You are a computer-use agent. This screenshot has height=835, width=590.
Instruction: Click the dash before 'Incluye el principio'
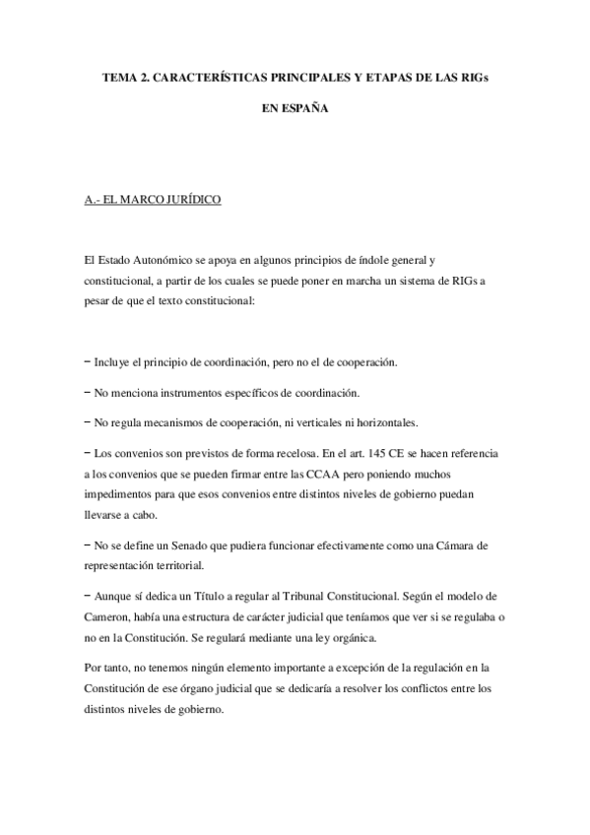click(89, 361)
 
